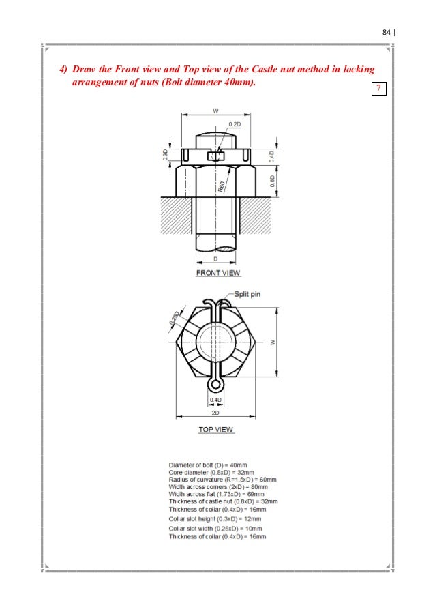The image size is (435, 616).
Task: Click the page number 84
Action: click(x=386, y=32)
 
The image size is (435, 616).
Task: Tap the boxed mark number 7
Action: click(x=377, y=89)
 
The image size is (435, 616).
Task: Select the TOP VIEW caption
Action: click(x=215, y=430)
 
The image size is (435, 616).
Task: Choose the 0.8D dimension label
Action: click(x=272, y=181)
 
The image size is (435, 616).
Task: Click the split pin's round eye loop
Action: click(x=214, y=385)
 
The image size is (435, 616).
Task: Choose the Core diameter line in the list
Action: click(x=211, y=472)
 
